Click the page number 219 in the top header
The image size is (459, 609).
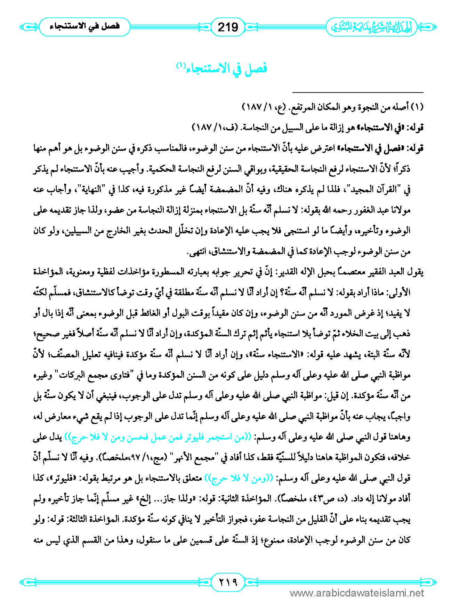coord(228,27)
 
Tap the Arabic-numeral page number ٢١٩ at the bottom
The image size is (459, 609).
coord(228,581)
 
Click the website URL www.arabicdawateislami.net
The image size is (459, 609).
coord(357,593)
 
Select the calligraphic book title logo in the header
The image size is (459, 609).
coord(371,27)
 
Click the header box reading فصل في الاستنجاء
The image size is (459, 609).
coord(84,27)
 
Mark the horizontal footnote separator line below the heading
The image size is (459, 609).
coord(358,92)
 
